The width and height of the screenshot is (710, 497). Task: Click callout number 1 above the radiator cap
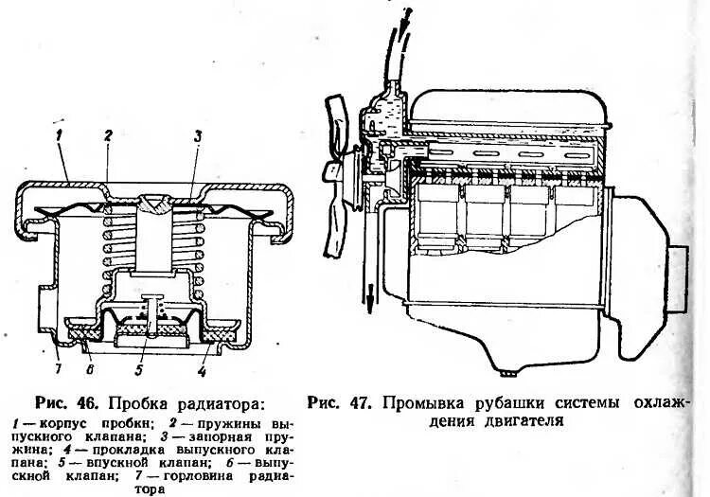[x=58, y=138]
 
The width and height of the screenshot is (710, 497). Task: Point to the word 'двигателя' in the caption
[x=516, y=422]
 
